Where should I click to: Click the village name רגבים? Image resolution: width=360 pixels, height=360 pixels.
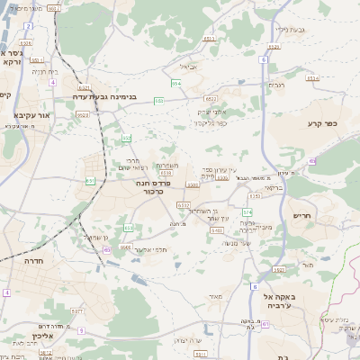point(276,85)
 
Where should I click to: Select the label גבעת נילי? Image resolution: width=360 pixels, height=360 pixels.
point(292,29)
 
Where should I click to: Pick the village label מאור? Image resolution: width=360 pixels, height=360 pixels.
point(213,295)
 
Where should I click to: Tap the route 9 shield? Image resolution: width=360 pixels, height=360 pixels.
point(81,330)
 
